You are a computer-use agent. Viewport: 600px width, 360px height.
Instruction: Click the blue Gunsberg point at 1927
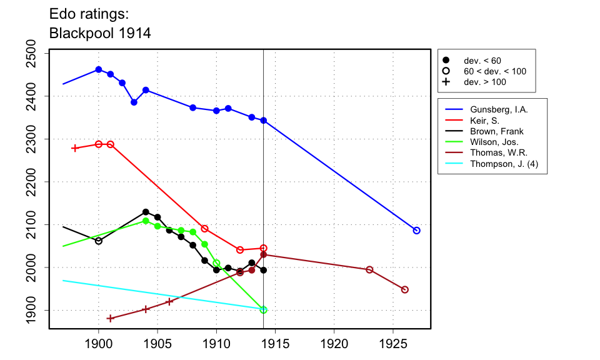point(417,231)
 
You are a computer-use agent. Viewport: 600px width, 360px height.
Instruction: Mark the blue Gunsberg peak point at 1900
point(99,69)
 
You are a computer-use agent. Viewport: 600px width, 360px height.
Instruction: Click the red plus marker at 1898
point(75,148)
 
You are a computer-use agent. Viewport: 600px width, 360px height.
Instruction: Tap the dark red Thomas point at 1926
point(405,289)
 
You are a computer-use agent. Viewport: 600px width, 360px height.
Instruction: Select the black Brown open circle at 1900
point(99,241)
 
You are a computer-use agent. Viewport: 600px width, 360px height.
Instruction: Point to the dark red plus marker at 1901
point(111,318)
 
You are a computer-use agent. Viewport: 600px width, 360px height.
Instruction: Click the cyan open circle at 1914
point(264,310)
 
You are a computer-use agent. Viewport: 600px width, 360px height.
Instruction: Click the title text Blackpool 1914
point(100,32)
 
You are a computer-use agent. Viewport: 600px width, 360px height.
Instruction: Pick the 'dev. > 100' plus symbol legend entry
point(446,82)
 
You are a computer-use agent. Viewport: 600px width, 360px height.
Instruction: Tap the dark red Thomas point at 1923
point(369,269)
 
